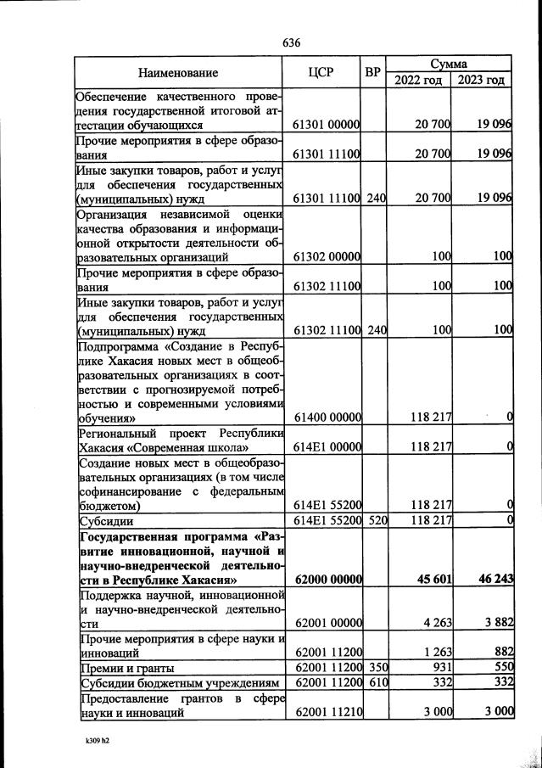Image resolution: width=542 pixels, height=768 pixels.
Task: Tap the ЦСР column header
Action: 327,73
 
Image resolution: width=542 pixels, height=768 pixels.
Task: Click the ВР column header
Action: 374,73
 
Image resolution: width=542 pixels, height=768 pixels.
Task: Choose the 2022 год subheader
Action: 419,81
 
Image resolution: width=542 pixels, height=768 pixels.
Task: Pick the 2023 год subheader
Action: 483,81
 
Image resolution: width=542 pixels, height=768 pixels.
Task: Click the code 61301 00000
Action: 327,125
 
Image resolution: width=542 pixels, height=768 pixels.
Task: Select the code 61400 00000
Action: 327,417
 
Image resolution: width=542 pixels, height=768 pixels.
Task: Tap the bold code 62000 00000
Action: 327,580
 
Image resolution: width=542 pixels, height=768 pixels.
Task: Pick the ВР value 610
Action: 376,683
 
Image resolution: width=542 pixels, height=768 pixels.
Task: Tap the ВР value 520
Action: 376,520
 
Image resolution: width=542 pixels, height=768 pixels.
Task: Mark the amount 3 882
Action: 495,624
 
